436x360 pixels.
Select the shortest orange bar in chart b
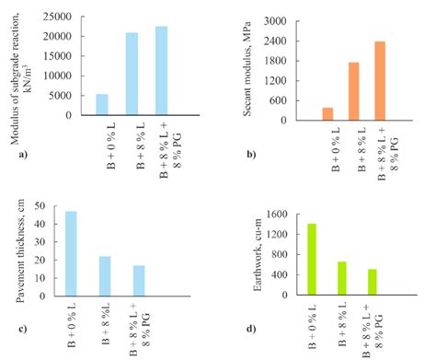click(327, 113)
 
